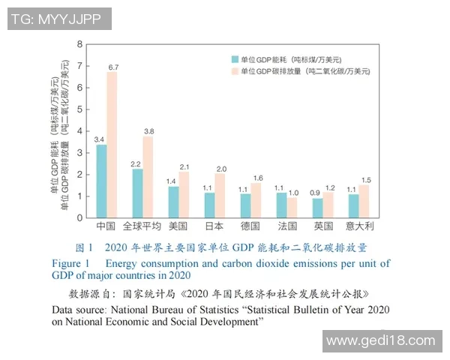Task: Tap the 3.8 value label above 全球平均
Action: click(148, 131)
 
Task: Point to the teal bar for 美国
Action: click(173, 202)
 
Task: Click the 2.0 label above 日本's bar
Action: click(220, 169)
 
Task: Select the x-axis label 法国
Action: click(287, 226)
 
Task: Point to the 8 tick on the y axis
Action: click(80, 44)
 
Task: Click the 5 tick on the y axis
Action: click(80, 109)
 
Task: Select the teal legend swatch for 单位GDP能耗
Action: click(235, 58)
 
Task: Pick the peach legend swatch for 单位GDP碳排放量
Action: click(235, 71)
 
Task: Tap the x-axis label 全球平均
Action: click(142, 226)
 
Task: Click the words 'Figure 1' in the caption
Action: click(70, 263)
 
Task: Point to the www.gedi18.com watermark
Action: click(381, 340)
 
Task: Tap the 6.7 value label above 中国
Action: click(113, 67)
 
